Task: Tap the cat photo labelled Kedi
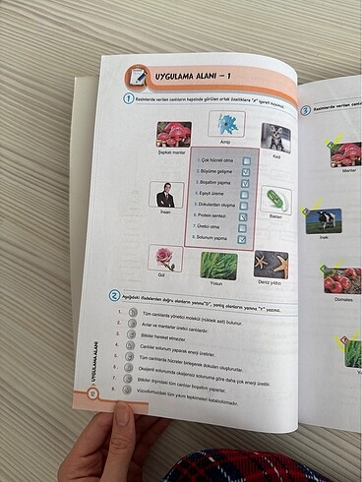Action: (x=275, y=137)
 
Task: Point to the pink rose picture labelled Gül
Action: (x=164, y=258)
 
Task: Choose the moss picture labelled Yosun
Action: (x=217, y=265)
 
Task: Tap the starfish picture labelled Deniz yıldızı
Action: (x=271, y=265)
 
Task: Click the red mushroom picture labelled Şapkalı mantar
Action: (x=173, y=134)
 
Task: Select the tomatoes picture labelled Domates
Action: (x=344, y=278)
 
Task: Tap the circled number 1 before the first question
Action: (x=128, y=99)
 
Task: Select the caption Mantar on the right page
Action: (x=347, y=170)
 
